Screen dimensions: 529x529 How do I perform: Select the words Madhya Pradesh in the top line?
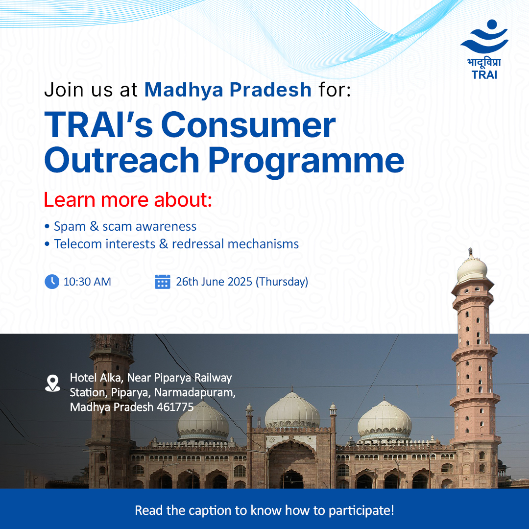coord(228,90)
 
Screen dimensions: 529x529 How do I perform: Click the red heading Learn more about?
coord(128,200)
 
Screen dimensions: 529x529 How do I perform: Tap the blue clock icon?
coord(52,282)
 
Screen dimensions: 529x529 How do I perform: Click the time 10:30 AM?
coord(87,282)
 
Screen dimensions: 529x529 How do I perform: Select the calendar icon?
coord(163,282)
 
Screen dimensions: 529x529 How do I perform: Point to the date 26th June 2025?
coord(214,282)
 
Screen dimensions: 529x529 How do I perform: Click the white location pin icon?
coord(52,383)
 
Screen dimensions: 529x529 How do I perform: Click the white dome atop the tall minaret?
coord(472,268)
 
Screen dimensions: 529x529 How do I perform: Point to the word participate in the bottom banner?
coord(358,510)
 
